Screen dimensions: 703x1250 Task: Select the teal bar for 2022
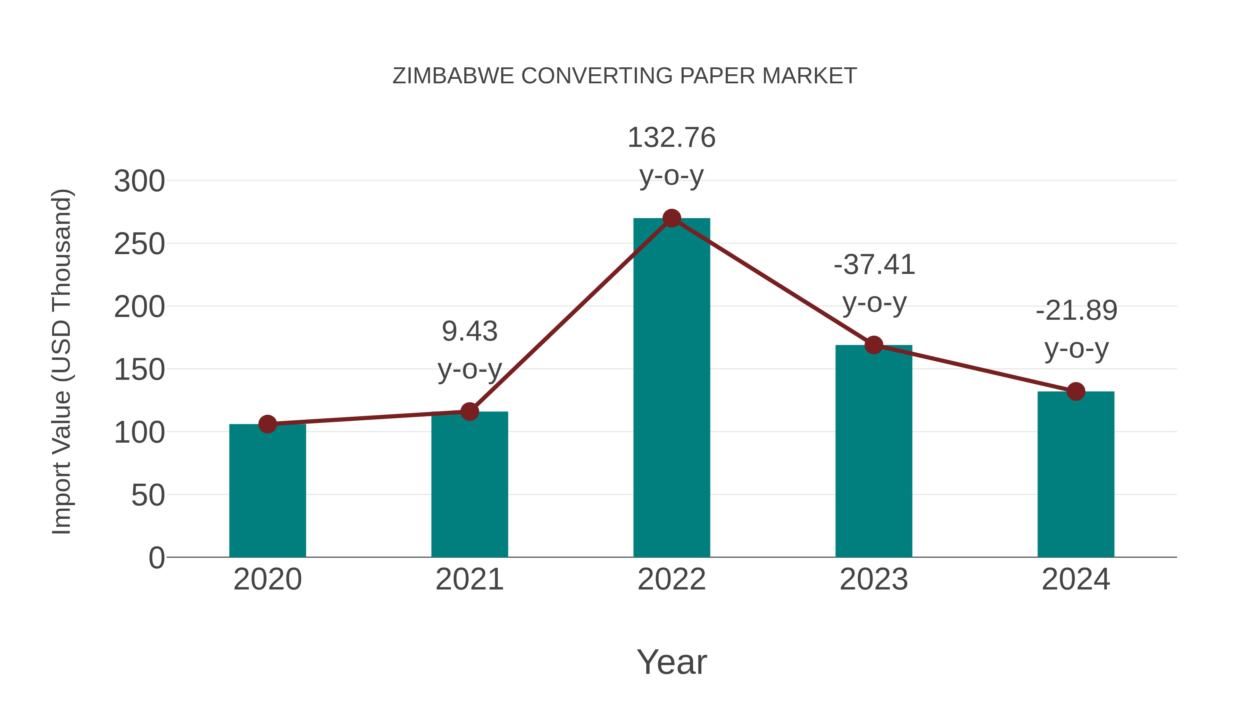tap(672, 388)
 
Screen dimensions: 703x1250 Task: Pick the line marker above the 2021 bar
tap(469, 411)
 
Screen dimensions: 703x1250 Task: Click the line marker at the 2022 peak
tap(672, 218)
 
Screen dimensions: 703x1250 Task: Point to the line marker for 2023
tap(874, 345)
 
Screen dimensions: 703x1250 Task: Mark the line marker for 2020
tap(267, 424)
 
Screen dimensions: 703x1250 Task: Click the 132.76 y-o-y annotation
tap(672, 138)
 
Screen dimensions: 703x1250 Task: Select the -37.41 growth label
tap(874, 265)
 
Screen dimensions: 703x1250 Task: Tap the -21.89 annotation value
tap(1076, 310)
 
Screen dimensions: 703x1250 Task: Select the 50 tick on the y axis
tap(148, 495)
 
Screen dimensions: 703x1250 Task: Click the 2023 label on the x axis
tap(874, 579)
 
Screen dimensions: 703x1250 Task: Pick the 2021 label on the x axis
tap(469, 579)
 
